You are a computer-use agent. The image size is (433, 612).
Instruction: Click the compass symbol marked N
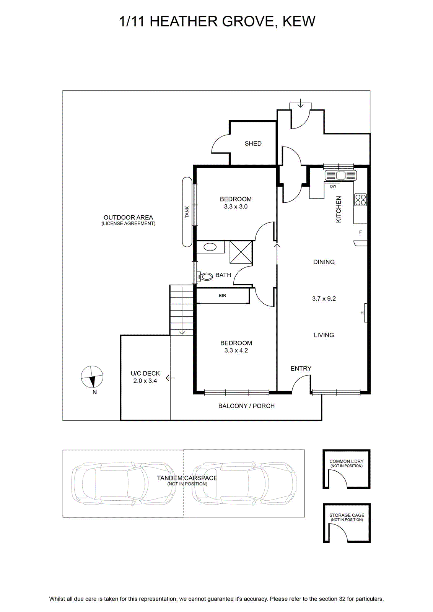coord(92,376)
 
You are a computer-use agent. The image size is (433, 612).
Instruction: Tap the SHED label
coord(253,143)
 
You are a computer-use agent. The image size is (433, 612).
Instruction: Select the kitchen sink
coord(341,175)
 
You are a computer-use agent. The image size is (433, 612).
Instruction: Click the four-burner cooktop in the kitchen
coord(360,200)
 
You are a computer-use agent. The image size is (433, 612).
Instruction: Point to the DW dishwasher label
coord(333,187)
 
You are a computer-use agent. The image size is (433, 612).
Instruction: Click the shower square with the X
coord(241,252)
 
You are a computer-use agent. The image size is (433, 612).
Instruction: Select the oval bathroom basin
coord(210,247)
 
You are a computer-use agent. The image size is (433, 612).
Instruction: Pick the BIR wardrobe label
coord(222,295)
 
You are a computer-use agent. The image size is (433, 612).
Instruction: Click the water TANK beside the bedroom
coord(187,212)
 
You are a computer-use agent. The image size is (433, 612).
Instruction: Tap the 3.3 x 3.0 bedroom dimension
coord(236,207)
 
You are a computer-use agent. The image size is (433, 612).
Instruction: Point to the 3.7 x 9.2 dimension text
coord(324,299)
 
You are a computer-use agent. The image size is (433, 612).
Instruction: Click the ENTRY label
coord(301,369)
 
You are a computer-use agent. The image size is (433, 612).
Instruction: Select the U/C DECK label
coord(145,373)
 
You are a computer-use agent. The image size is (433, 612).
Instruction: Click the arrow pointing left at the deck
coord(170,378)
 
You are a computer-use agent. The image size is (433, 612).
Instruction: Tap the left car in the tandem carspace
coord(124,482)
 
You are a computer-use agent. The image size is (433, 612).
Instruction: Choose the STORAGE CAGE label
coord(347,515)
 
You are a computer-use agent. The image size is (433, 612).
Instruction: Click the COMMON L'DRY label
coord(347,461)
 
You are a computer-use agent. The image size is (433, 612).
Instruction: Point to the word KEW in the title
coord(299,21)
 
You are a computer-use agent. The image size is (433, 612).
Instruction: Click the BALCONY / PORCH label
coord(246,406)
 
